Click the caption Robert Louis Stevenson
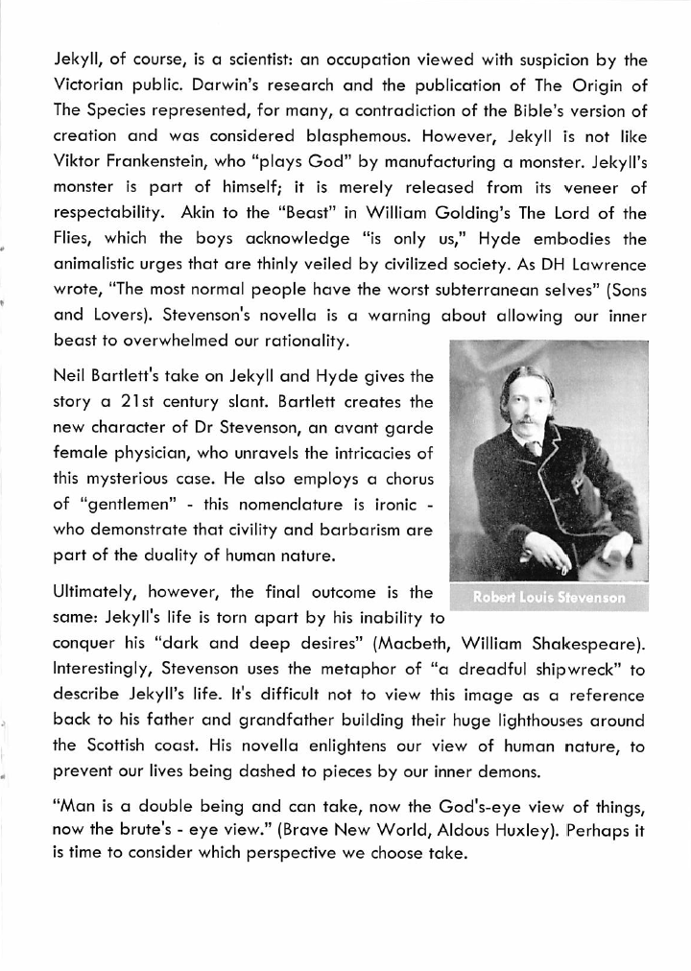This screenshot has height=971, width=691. click(549, 597)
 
